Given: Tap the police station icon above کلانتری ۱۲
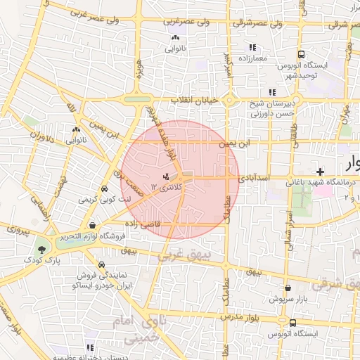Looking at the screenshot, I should coord(166,176).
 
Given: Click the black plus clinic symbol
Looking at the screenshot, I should coord(320,172).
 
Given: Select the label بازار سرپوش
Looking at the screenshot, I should coord(288,299).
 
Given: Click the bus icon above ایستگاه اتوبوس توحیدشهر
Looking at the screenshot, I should coord(301,54).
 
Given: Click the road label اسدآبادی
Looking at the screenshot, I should coord(250,179).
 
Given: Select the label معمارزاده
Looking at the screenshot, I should coord(251,58).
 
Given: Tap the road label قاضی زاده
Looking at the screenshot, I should coord(144,223).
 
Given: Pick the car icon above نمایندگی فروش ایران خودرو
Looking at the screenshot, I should coord(103,265).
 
